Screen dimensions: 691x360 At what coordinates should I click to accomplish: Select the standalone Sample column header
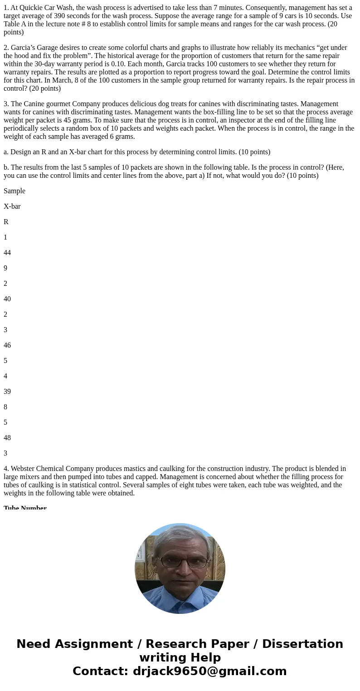click(x=15, y=191)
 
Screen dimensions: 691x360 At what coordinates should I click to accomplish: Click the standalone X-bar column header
click(x=12, y=206)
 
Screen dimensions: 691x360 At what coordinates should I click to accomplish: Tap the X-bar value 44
click(x=7, y=253)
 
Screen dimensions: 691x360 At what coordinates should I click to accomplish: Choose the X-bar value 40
click(x=7, y=299)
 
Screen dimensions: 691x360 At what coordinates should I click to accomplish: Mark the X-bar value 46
click(x=7, y=345)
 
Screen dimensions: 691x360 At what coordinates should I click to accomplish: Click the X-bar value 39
click(x=7, y=392)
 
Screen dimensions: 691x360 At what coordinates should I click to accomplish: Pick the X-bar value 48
click(x=7, y=438)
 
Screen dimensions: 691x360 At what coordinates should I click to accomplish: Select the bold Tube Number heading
click(x=25, y=507)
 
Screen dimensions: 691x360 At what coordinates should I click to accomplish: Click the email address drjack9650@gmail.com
click(x=209, y=671)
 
